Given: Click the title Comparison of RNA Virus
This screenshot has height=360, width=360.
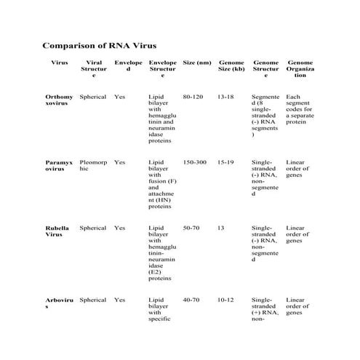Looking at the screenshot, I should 99,45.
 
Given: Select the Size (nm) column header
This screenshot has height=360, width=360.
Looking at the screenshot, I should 197,63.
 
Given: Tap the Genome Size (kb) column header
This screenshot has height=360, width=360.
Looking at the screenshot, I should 231,66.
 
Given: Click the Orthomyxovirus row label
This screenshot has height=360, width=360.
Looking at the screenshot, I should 59,100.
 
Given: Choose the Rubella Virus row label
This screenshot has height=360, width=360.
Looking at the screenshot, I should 57,231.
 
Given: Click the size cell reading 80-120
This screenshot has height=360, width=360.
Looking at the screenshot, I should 193,97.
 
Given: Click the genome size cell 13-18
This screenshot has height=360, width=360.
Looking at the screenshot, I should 226,97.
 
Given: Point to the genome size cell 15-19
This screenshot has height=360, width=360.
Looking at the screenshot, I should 226,162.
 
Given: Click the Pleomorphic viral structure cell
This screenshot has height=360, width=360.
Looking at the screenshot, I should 93,166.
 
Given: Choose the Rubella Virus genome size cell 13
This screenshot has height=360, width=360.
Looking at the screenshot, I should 220,228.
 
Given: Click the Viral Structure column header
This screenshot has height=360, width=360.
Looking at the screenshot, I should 93,69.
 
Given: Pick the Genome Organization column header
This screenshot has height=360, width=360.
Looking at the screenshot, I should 300,69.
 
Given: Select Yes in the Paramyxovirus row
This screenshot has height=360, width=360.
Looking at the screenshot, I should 120,162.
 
